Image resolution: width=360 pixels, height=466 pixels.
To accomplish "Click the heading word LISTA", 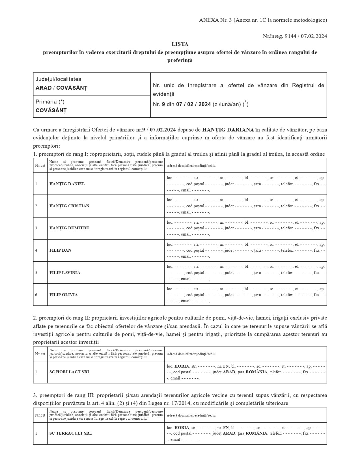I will click(180, 44).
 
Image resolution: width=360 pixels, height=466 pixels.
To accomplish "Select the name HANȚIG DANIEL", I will click(67, 184).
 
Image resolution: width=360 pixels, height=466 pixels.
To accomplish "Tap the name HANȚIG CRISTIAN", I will click(69, 206).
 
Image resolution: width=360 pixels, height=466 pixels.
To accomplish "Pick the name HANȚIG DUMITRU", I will click(69, 228).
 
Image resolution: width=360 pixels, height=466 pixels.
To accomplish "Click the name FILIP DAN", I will click(60, 250).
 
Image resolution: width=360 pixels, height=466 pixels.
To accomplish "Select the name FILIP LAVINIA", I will click(65, 272).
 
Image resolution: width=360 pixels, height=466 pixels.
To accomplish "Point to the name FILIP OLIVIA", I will click(64, 295).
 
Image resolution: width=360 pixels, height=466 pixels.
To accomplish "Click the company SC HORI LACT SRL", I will click(70, 372).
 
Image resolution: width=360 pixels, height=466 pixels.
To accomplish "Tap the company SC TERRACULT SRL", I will click(71, 433).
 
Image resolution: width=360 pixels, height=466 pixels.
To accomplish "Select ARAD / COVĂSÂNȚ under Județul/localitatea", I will click(61, 88).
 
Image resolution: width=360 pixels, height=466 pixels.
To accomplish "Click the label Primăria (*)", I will click(50, 102).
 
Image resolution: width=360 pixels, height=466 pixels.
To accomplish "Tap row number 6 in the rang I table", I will click(36, 295).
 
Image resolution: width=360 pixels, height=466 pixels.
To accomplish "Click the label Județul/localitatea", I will click(58, 79).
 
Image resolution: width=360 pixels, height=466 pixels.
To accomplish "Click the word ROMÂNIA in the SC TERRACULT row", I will click(256, 433).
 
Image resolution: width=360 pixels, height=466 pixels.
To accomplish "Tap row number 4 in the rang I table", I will click(36, 250).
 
